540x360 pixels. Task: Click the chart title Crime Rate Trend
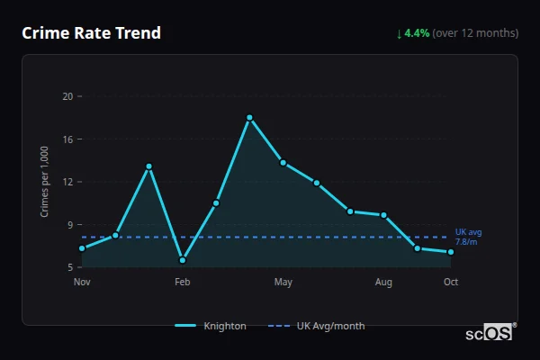click(x=91, y=33)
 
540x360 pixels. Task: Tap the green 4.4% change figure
click(x=418, y=33)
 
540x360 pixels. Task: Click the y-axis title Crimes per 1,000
click(x=45, y=182)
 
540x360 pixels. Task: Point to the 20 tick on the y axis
click(x=67, y=96)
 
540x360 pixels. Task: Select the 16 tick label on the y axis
click(x=67, y=139)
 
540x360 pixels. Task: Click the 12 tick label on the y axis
click(x=67, y=182)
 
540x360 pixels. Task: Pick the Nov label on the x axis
click(x=82, y=283)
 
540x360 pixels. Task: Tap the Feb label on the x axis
click(x=183, y=283)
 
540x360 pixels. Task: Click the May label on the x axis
click(x=283, y=283)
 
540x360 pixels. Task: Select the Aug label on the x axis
click(x=383, y=283)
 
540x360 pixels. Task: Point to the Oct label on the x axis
click(x=451, y=283)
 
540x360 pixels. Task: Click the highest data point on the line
click(x=249, y=117)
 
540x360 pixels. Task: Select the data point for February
click(x=183, y=260)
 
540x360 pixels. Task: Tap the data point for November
click(x=82, y=248)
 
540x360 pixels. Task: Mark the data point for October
click(x=451, y=252)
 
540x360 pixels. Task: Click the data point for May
click(x=283, y=163)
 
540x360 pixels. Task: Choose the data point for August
click(x=383, y=215)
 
